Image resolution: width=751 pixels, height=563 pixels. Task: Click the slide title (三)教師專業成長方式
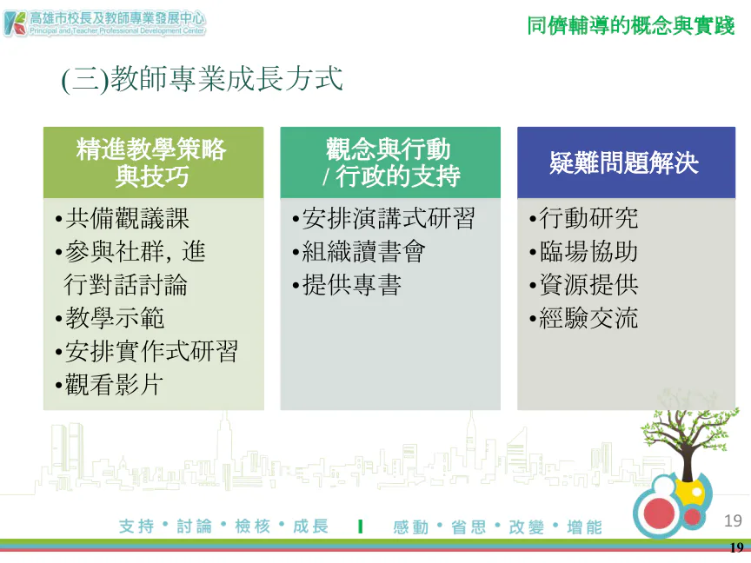pyautogui.click(x=203, y=79)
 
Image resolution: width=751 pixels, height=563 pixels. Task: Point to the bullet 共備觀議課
pyautogui.click(x=123, y=218)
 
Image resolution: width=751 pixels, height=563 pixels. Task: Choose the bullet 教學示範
pyautogui.click(x=110, y=318)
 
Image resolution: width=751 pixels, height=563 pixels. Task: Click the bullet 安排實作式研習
pyautogui.click(x=147, y=351)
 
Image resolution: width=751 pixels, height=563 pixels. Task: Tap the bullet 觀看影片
pyautogui.click(x=110, y=384)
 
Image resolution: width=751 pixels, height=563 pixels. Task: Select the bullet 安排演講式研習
pyautogui.click(x=383, y=218)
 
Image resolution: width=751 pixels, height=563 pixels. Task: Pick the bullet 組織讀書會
pyautogui.click(x=359, y=251)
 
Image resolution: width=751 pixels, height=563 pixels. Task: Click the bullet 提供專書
pyautogui.click(x=346, y=285)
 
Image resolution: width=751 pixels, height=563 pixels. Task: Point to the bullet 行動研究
pyautogui.click(x=583, y=218)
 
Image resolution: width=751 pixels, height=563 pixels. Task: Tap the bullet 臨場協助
pyautogui.click(x=583, y=251)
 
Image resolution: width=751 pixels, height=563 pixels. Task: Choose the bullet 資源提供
pyautogui.click(x=583, y=285)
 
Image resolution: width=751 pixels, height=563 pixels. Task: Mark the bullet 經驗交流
pyautogui.click(x=583, y=318)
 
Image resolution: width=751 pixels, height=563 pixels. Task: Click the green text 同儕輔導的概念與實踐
pyautogui.click(x=631, y=25)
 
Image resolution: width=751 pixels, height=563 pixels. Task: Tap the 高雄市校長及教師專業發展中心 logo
pyautogui.click(x=104, y=23)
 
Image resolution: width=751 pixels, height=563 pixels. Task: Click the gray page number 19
pyautogui.click(x=733, y=520)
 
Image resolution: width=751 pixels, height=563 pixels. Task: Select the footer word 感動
pyautogui.click(x=411, y=527)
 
